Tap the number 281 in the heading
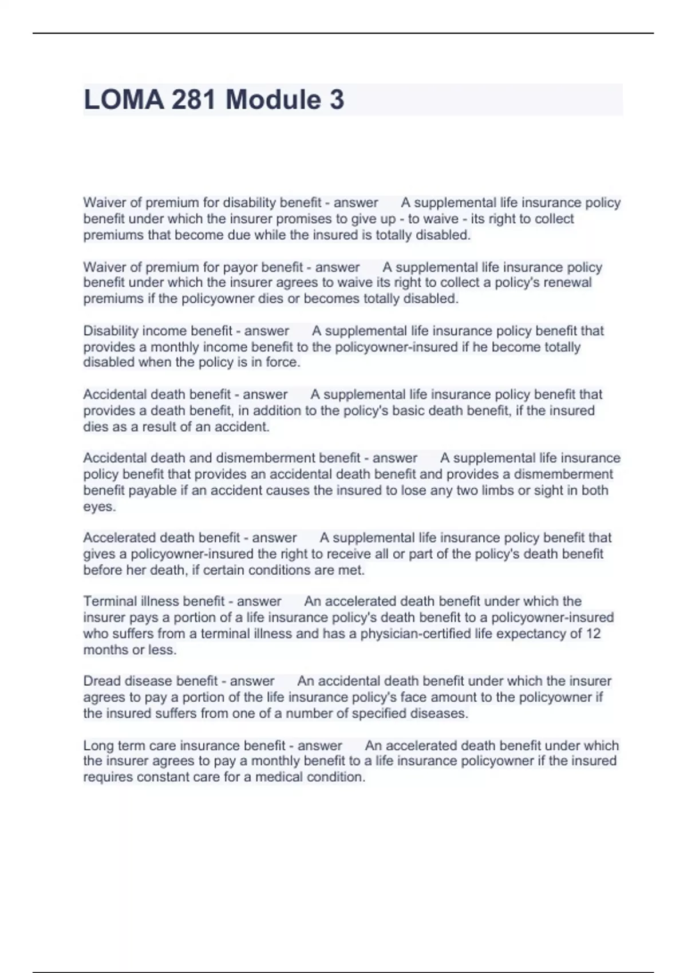pyautogui.click(x=194, y=100)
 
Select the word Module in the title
pyautogui.click(x=273, y=100)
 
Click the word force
pyautogui.click(x=283, y=362)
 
